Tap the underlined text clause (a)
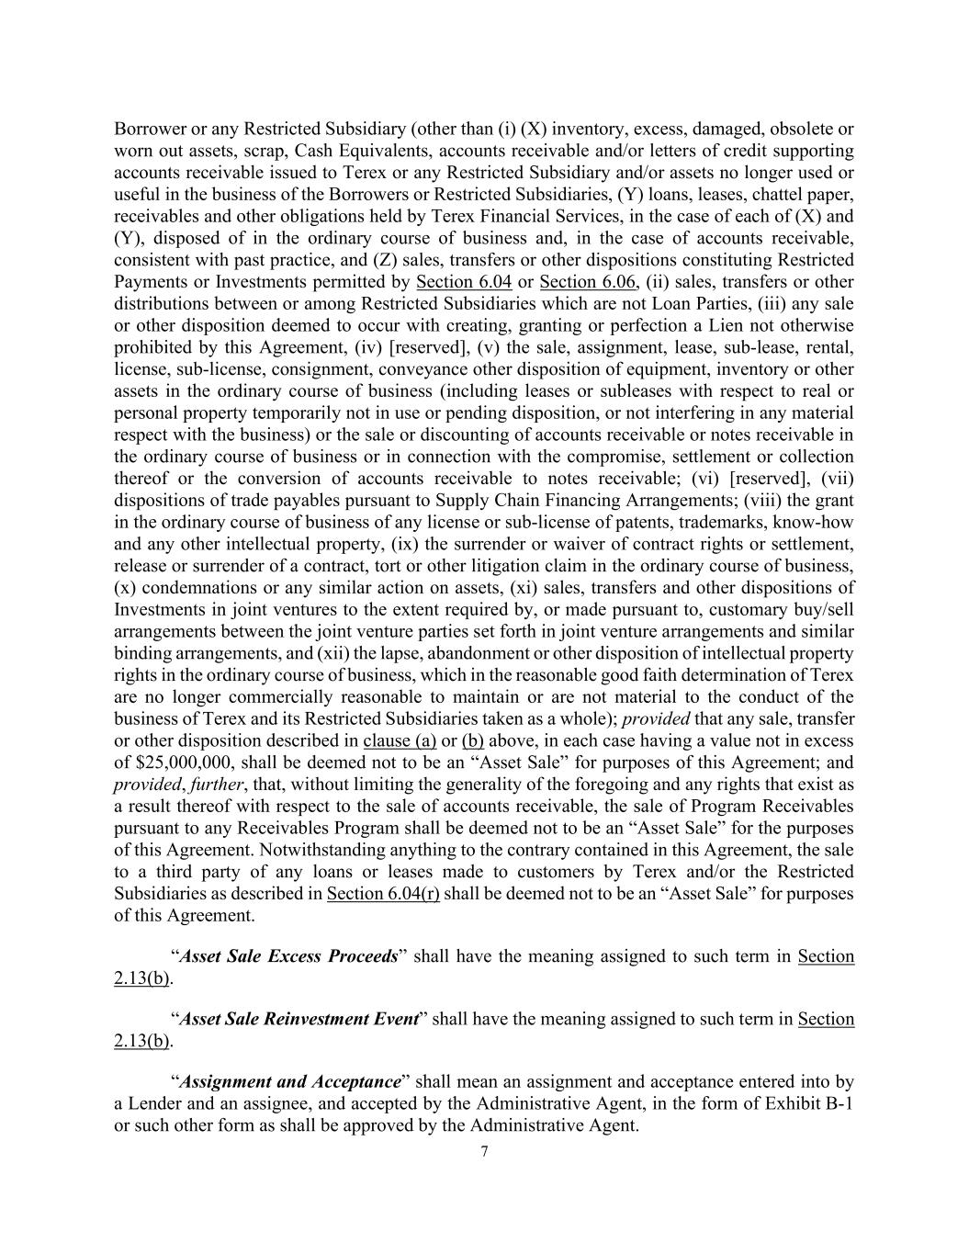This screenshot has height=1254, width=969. pos(400,740)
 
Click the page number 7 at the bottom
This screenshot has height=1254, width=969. pos(484,1153)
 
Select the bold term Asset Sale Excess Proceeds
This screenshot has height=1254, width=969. pos(288,956)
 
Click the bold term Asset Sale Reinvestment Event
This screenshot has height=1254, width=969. pos(299,1020)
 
